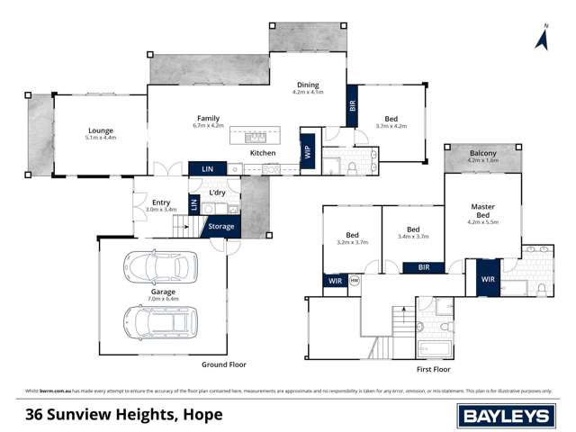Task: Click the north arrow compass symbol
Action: pos(542,38)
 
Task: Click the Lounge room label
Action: pos(99,130)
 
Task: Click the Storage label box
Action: pos(221,227)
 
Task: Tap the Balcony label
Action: pos(483,154)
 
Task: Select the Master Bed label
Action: pos(483,211)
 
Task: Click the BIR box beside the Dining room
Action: pos(352,105)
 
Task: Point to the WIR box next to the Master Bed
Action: pos(488,279)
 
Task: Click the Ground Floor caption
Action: pos(224,364)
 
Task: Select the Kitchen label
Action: pos(263,153)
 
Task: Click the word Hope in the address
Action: pos(203,415)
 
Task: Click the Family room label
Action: pos(209,119)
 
